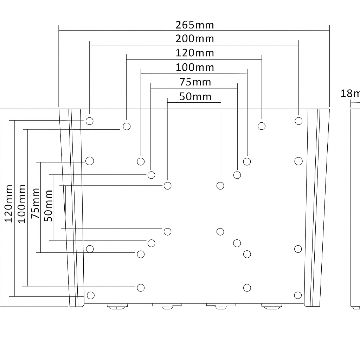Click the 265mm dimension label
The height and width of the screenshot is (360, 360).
click(195, 25)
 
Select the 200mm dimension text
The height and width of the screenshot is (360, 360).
click(195, 38)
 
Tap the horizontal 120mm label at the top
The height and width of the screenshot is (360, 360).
click(195, 53)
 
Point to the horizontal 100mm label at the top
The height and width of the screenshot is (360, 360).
click(195, 67)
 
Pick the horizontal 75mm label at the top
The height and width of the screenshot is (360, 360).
click(195, 82)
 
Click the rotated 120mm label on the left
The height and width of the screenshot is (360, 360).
click(8, 204)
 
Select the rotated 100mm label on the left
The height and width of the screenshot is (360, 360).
click(22, 204)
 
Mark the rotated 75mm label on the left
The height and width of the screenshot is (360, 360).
click(35, 204)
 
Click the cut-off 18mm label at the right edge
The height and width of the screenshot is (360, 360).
click(350, 94)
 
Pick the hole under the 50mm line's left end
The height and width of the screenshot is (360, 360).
click(168, 186)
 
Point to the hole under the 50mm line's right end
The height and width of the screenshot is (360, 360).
click(220, 186)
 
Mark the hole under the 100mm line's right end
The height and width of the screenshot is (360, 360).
click(247, 162)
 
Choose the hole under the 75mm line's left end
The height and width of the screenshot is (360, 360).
click(152, 175)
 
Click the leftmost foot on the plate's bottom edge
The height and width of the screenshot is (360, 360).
click(117, 307)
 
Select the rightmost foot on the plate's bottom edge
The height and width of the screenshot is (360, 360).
click(272, 307)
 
